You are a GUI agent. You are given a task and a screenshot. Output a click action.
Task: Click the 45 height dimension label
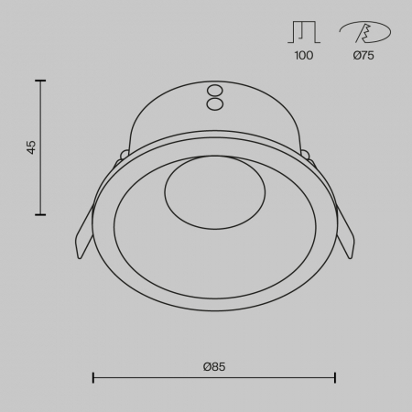click(x=31, y=147)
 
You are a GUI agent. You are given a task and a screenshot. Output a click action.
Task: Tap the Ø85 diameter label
click(x=214, y=366)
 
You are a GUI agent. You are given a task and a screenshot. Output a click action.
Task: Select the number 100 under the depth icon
click(x=304, y=56)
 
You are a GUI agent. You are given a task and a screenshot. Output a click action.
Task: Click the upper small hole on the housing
click(x=215, y=91)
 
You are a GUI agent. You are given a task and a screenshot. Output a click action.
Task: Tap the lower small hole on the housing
click(x=215, y=103)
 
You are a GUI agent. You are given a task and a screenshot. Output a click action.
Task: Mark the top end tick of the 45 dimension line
click(x=40, y=81)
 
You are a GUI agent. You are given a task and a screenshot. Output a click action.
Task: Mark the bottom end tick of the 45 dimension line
click(x=40, y=215)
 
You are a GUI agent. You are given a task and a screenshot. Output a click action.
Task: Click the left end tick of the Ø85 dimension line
click(x=93, y=377)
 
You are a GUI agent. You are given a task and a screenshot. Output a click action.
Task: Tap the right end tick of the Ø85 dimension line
click(x=335, y=377)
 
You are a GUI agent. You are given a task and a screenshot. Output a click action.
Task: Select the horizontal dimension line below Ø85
click(x=214, y=377)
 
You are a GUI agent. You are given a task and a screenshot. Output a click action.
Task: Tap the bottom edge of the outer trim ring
click(x=214, y=309)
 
